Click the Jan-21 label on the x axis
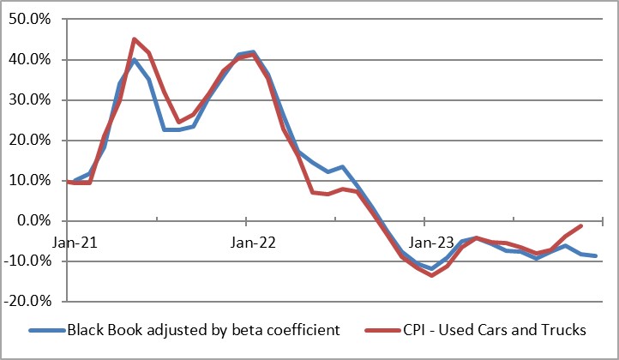coord(75,243)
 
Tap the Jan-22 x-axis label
coord(254,243)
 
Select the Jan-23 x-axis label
coord(432,243)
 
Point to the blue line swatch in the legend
coord(47,330)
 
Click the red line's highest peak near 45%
coord(135,39)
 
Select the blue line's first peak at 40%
coord(135,60)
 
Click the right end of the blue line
coord(596,256)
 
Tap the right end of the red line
coord(581,226)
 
